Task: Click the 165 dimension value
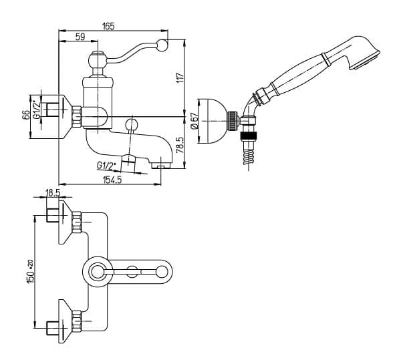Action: point(108,26)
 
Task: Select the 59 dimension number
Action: point(80,37)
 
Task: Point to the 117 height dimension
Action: point(180,78)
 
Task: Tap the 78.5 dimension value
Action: point(180,145)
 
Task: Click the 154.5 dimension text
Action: point(112,180)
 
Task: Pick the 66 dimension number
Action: point(26,116)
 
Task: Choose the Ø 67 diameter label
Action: point(194,121)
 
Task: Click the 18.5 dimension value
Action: point(53,193)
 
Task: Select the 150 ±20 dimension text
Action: point(29,272)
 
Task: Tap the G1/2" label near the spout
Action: point(106,166)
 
